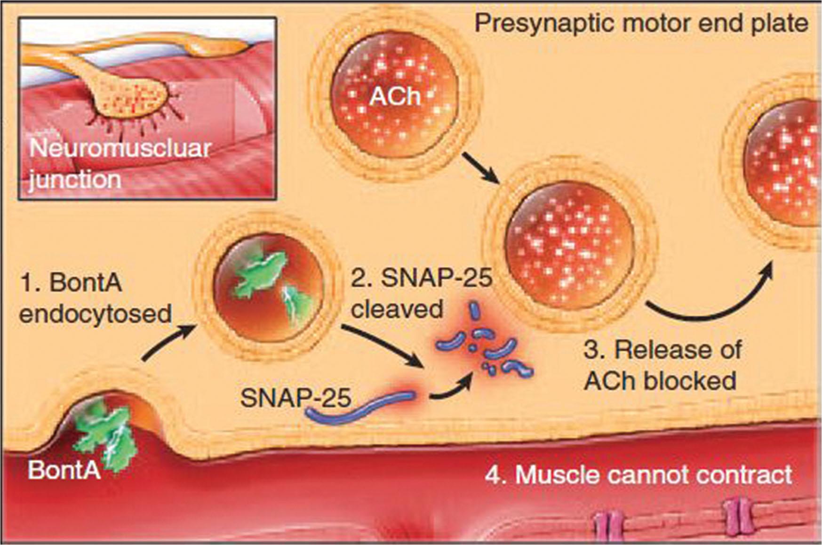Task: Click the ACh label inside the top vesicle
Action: (394, 97)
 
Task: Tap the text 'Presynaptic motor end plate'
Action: (641, 24)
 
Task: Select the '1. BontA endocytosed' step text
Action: (94, 298)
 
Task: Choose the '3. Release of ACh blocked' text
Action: (661, 365)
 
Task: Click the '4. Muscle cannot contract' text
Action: (638, 474)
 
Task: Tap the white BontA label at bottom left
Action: (64, 470)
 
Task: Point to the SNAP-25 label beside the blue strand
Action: (295, 398)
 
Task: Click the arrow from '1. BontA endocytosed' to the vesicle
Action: (167, 344)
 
